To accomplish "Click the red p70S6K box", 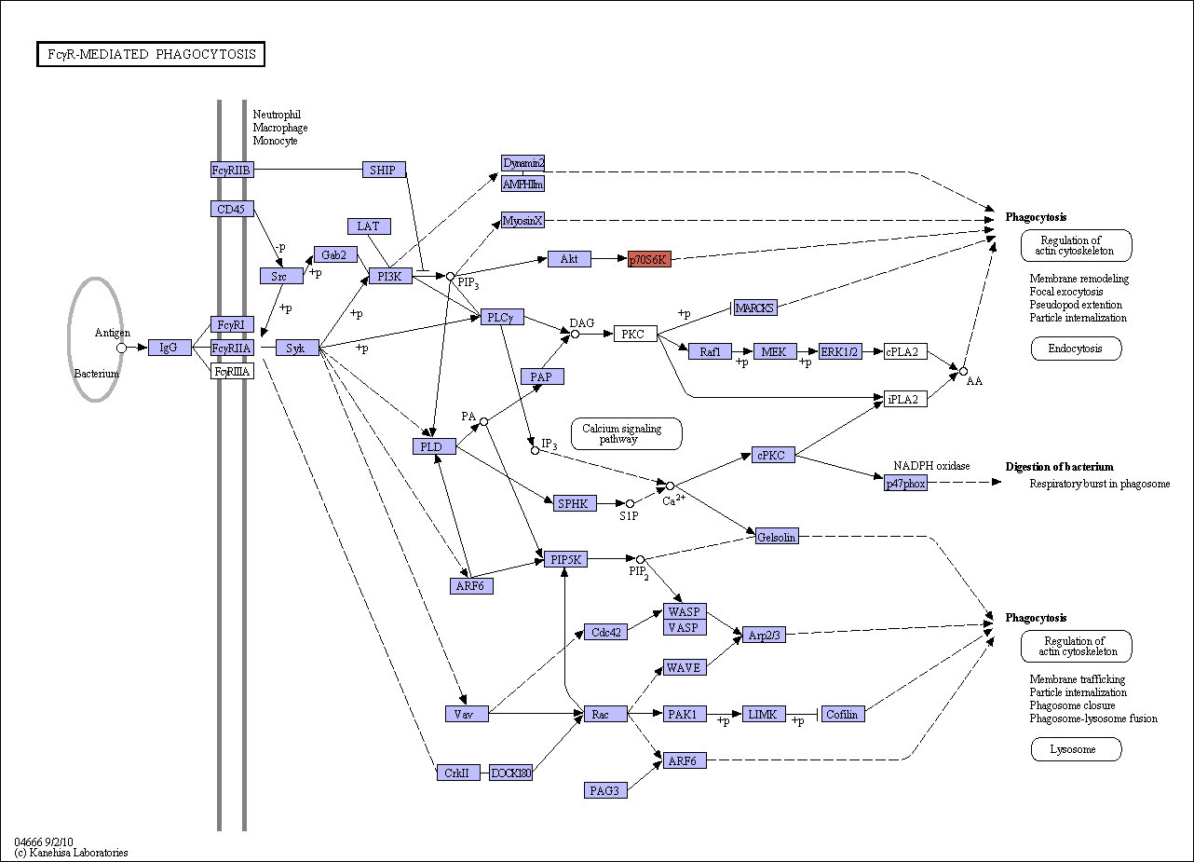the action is pos(649,259).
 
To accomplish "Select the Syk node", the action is pos(297,348).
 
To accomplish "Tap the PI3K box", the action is pos(390,276).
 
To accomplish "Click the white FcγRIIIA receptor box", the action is pos(233,371).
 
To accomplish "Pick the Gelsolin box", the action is pos(777,536).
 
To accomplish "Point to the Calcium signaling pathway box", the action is pos(626,433).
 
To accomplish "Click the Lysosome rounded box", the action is pos(1077,749).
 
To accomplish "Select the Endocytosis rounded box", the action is pos(1077,349).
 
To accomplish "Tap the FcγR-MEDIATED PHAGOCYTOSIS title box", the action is pos(151,54).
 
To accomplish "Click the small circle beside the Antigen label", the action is pos(121,348).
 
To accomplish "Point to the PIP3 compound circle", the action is pos(451,276).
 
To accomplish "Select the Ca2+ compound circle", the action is pos(670,486).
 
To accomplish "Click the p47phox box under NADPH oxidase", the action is pos(905,483).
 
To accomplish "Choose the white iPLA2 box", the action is pos(905,399).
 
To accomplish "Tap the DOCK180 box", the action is pos(510,773).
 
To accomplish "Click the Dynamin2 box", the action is pos(522,163).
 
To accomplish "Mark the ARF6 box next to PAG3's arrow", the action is pos(685,760).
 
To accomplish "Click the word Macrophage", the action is pos(280,128).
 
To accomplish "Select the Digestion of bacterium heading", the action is pos(1059,467).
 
